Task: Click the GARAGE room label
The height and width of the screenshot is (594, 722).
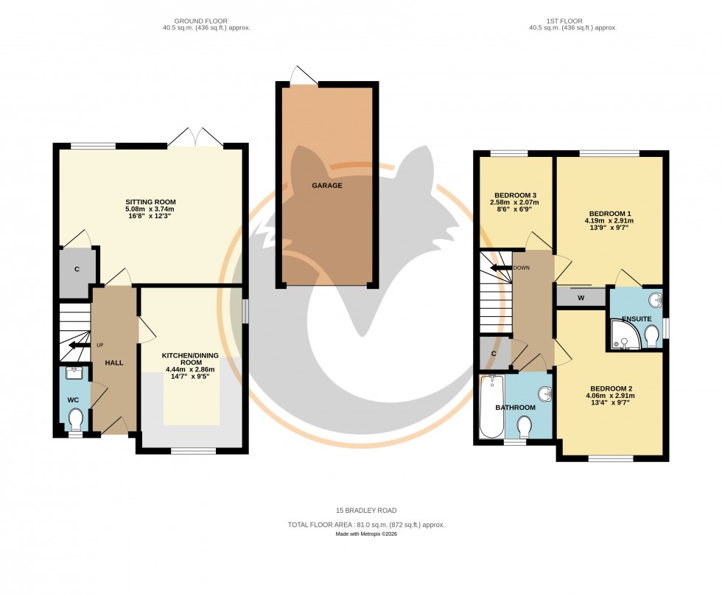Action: coord(327,186)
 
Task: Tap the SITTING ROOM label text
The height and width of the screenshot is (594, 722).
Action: coord(150,202)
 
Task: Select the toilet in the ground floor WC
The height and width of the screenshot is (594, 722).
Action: coord(75,419)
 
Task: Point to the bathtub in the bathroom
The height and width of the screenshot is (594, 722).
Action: coord(491,407)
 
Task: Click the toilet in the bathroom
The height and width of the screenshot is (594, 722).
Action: coord(525,426)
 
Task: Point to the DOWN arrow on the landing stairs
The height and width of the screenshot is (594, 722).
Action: coord(503,268)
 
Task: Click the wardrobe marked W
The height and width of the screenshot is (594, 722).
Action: coord(581,298)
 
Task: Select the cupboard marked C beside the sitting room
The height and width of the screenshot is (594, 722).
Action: coord(77,270)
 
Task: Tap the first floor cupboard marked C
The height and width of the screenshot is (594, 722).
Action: coord(494,353)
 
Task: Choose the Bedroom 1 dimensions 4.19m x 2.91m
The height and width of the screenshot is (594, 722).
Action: coord(609,221)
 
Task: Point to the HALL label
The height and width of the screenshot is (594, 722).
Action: coord(113,363)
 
